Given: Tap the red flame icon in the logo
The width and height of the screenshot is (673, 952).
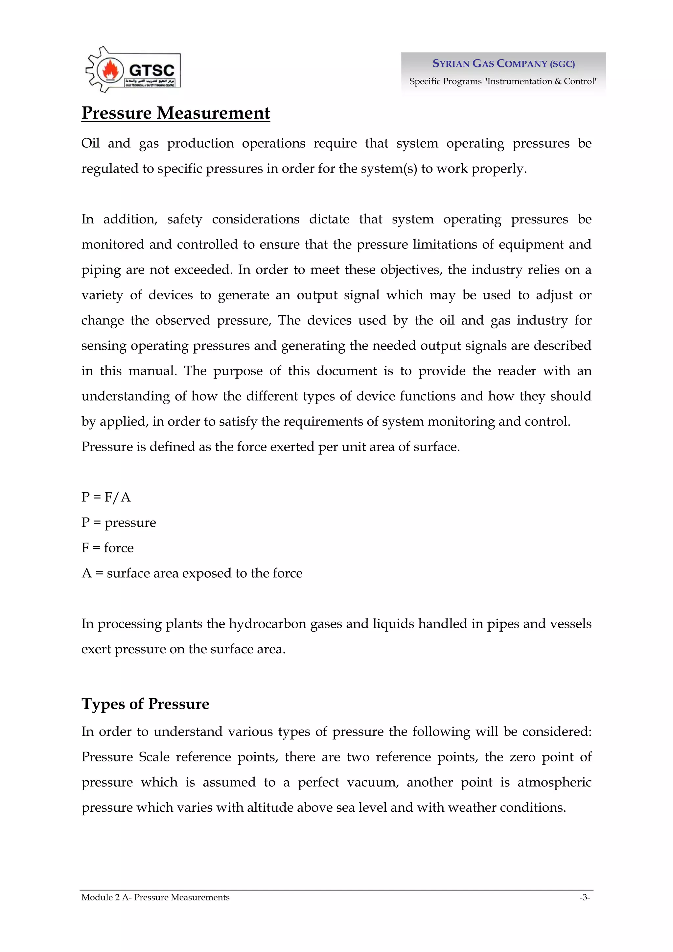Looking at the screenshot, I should pyautogui.click(x=110, y=70).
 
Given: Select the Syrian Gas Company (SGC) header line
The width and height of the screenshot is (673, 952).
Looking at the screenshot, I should pyautogui.click(x=503, y=63).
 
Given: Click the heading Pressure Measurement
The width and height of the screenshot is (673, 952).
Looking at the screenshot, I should pyautogui.click(x=175, y=113).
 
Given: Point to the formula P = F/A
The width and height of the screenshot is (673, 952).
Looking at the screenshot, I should pyautogui.click(x=106, y=497).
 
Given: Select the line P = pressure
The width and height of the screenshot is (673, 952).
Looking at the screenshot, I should pyautogui.click(x=119, y=522).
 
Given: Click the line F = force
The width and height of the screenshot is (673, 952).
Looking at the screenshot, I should pyautogui.click(x=107, y=547).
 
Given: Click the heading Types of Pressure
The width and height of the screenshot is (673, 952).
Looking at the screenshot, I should pyautogui.click(x=145, y=704).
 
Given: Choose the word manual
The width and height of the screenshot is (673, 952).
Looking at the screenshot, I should pyautogui.click(x=152, y=371).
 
